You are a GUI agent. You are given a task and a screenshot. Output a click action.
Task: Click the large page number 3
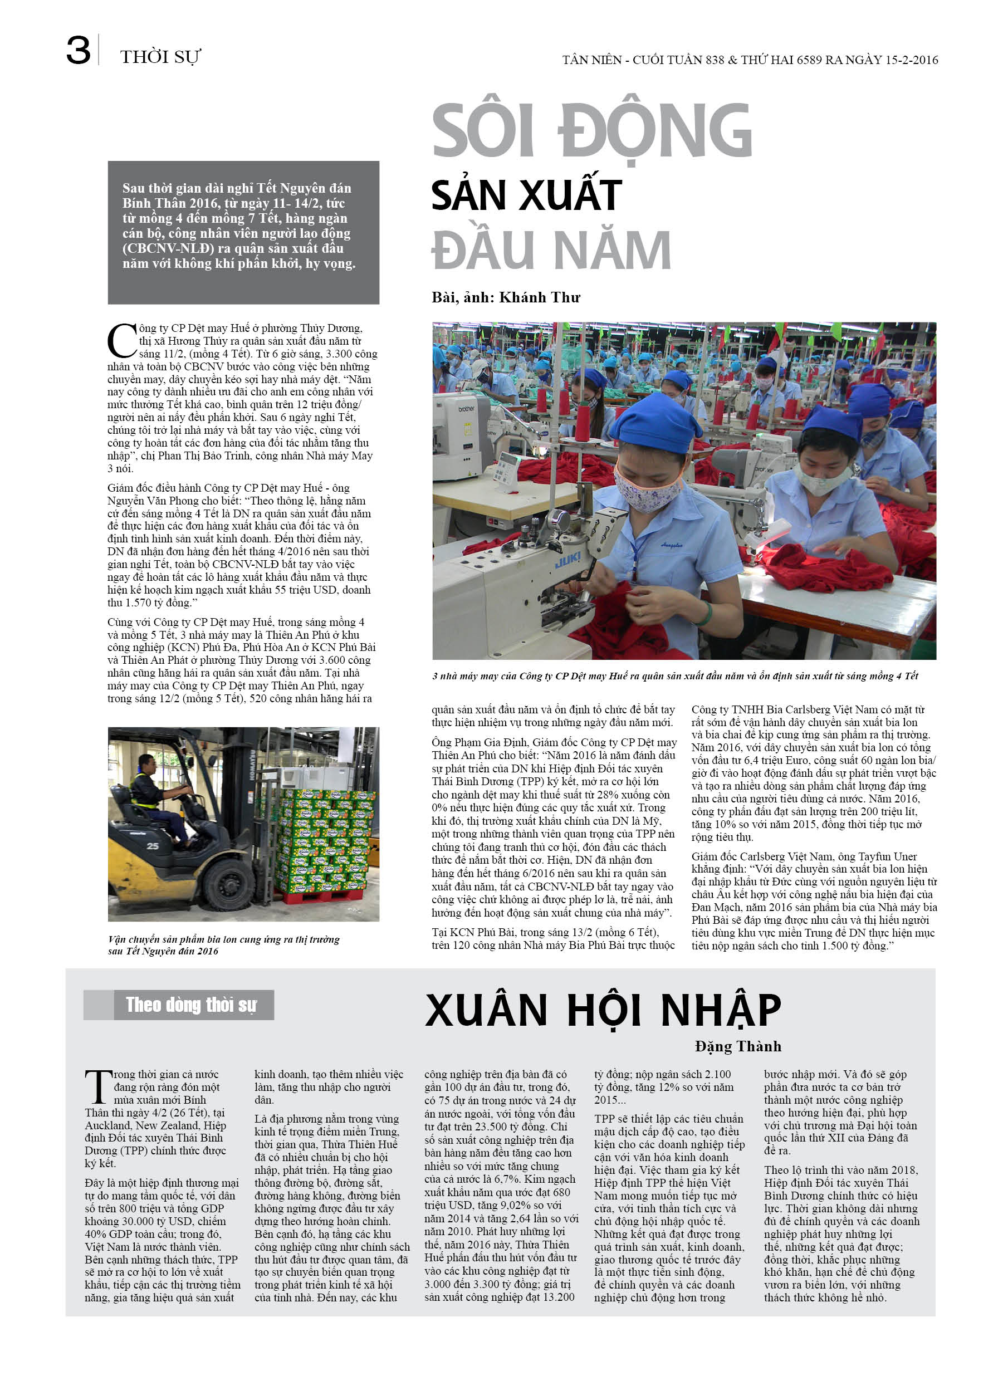point(78,51)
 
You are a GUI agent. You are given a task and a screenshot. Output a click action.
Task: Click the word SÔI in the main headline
point(483,131)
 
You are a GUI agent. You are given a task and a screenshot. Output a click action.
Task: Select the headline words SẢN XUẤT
point(526,195)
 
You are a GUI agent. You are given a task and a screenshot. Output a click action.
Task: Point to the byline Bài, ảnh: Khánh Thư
point(506,297)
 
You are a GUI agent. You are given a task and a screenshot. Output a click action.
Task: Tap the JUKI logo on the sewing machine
point(567,560)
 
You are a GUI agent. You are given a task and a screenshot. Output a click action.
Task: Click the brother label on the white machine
point(467,408)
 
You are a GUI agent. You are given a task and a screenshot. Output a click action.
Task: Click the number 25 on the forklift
point(152,846)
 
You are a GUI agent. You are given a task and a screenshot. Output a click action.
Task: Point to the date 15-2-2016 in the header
point(911,60)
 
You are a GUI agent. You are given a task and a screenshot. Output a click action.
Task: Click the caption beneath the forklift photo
point(223,945)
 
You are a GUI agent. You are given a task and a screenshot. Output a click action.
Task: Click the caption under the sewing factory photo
point(675,676)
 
